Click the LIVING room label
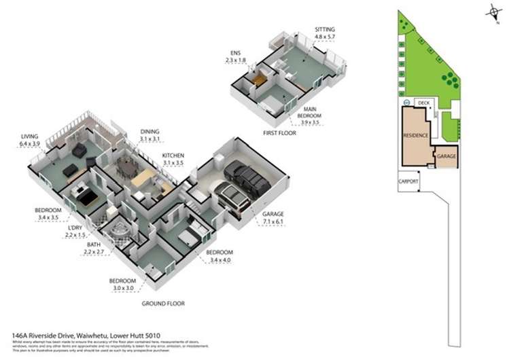coord(29,137)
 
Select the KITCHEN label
coord(173,156)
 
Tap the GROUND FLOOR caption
coord(162,304)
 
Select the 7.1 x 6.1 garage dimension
coord(273,221)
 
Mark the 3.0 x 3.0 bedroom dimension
coord(124,287)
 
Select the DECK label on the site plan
coord(425,103)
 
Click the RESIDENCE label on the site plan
coord(416,135)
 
